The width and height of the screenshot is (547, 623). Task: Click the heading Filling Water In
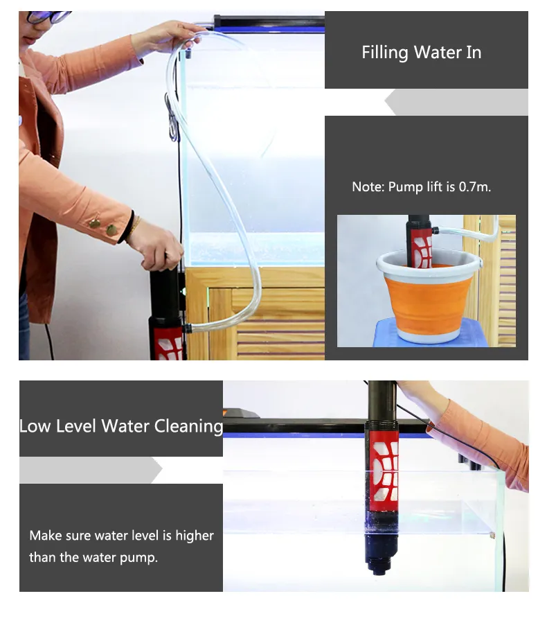click(x=421, y=53)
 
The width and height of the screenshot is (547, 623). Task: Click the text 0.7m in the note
click(x=474, y=187)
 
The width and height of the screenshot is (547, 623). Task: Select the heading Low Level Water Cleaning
click(x=121, y=425)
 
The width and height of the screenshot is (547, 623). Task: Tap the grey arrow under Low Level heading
click(x=90, y=470)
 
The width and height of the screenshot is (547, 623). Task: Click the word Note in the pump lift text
click(x=366, y=187)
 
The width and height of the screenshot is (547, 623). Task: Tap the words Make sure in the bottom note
click(x=60, y=536)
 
